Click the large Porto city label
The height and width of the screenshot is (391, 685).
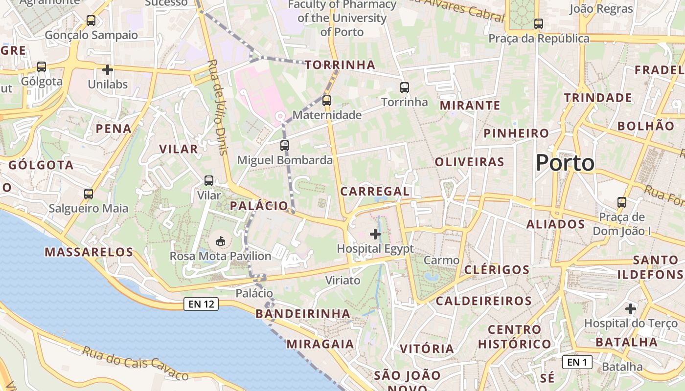coord(565,163)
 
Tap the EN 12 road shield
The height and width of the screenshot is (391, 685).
coord(201,304)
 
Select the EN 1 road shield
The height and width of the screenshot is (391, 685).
coord(577,362)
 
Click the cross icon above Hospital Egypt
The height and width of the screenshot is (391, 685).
coord(375,234)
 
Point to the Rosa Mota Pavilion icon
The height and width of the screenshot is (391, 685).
coord(221,241)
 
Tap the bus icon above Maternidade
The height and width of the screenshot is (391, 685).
coord(327,101)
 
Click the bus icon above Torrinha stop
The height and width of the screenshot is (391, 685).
coord(404,87)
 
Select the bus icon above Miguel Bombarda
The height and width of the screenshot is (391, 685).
coord(285,145)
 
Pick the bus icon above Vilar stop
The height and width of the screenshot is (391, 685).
coord(209,181)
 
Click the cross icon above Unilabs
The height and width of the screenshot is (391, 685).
coord(108,70)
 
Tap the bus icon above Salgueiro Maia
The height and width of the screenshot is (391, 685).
coord(89,194)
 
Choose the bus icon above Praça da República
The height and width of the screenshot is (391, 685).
coord(539,23)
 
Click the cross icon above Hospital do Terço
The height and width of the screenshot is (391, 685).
coord(631,309)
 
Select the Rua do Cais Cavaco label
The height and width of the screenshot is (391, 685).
coord(135,364)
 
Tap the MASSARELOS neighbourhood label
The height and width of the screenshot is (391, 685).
coord(89,252)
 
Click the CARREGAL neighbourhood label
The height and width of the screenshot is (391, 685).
coord(375,192)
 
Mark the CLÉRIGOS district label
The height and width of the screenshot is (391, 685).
coord(497,270)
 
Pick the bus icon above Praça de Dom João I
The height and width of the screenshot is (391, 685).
coord(621,202)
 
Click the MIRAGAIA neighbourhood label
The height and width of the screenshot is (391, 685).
coord(320,344)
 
